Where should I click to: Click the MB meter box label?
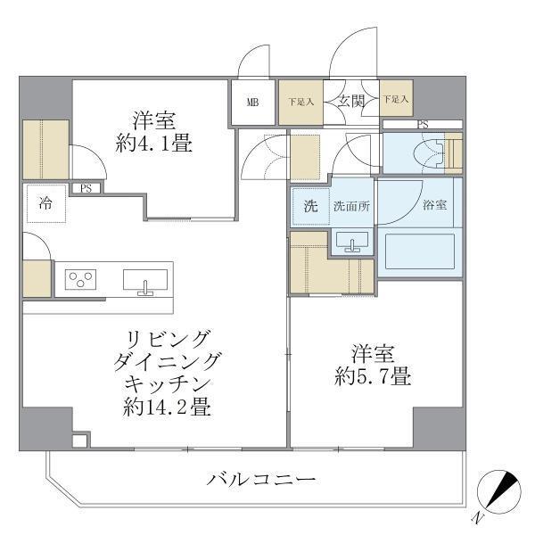tap(253, 103)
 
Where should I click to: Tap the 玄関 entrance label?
tap(350, 102)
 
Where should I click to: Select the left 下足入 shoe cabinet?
tap(300, 102)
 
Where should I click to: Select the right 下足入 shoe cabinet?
tap(397, 101)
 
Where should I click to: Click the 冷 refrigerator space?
tap(45, 203)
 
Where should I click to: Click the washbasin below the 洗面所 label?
tap(354, 241)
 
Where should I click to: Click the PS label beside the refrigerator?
tap(86, 188)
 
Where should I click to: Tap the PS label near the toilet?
tap(422, 125)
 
